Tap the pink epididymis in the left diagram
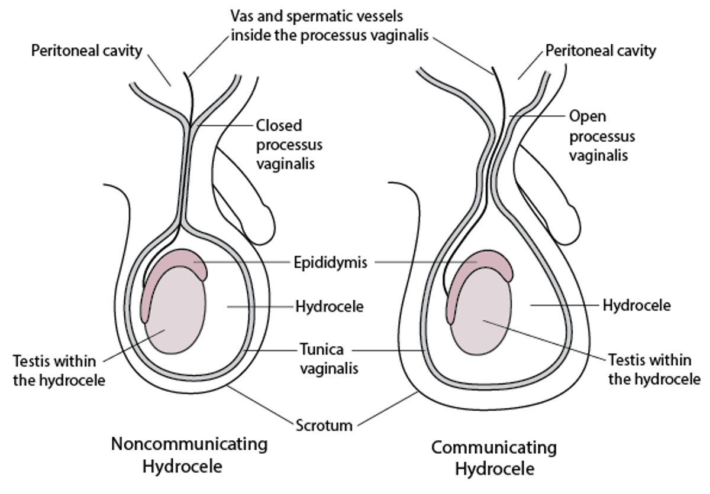click(177, 262)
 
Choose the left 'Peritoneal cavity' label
click(86, 50)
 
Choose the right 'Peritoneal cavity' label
click(601, 50)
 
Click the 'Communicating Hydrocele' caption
click(494, 458)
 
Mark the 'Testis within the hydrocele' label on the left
click(59, 369)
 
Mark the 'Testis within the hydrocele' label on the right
click(654, 369)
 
